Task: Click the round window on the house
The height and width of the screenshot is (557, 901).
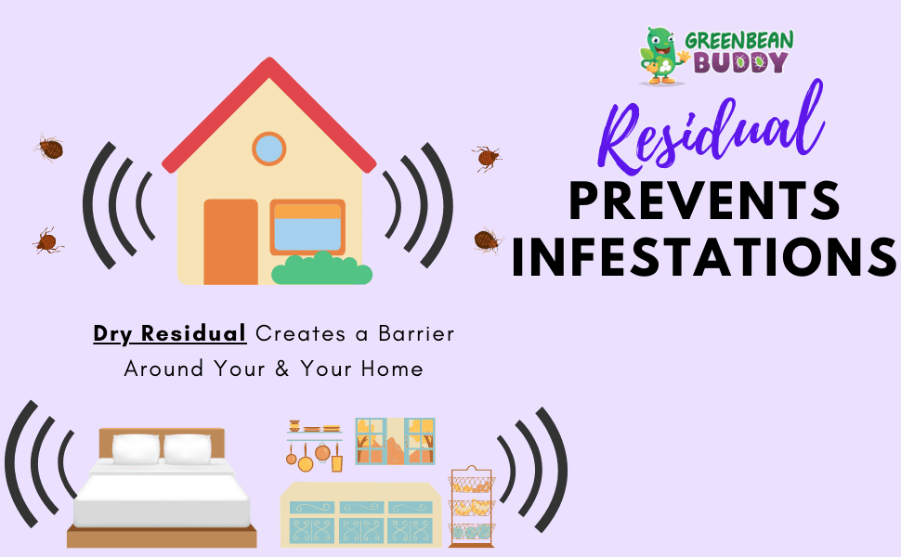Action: [269, 149]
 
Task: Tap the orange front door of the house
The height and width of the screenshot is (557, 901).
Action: [231, 241]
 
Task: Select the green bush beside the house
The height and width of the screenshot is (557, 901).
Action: [321, 268]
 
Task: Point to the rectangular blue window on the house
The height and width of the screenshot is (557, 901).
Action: [307, 227]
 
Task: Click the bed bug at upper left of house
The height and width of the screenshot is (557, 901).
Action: [49, 149]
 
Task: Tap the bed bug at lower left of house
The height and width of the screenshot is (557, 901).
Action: [47, 241]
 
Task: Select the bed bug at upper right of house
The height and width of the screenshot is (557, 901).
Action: [487, 157]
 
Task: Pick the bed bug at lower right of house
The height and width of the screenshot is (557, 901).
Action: [488, 240]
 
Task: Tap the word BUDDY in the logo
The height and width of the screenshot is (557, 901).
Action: [740, 62]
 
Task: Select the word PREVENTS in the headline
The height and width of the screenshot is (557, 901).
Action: [705, 200]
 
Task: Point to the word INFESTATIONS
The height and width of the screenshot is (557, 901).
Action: [704, 256]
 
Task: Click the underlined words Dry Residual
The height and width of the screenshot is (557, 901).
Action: [169, 333]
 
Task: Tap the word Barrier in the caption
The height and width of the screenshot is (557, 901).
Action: [416, 333]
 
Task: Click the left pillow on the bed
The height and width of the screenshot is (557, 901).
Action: [136, 448]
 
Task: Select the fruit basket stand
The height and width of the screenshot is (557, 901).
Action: [471, 507]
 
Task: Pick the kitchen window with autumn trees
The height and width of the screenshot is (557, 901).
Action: [395, 441]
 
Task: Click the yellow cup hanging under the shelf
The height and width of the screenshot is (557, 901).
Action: [337, 463]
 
